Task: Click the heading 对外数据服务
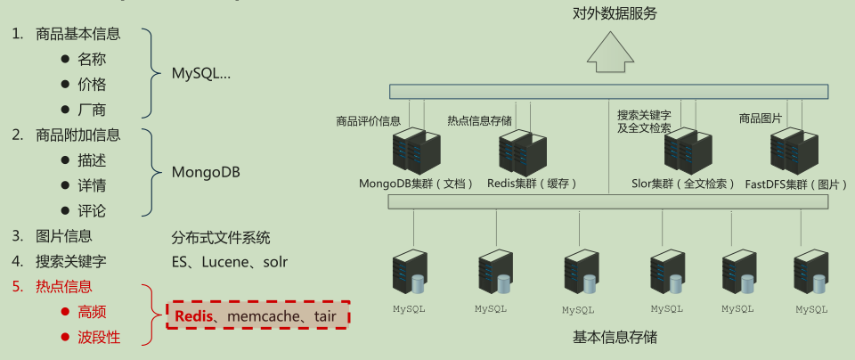pos(615,12)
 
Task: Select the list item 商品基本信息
pos(77,35)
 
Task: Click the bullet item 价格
pos(92,85)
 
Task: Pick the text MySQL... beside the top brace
pos(201,73)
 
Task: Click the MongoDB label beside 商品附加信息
pos(206,172)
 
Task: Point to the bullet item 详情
pos(92,185)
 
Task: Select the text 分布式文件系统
pos(221,238)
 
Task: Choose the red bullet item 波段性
pos(99,337)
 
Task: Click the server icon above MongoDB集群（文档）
pos(417,151)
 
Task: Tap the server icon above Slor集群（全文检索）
pos(688,151)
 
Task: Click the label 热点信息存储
pos(479,120)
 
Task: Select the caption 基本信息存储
pos(615,339)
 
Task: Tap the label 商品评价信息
pos(368,120)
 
